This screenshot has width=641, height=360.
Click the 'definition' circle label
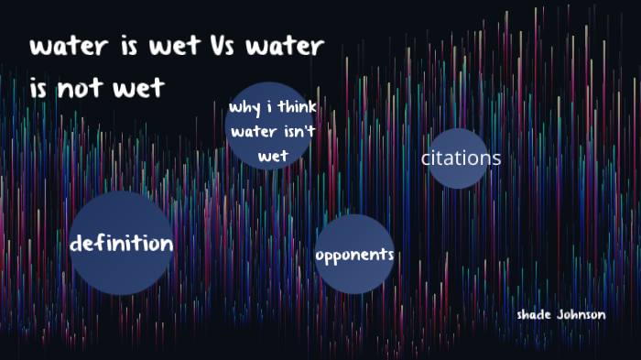point(122,244)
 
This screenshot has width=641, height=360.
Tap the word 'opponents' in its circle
point(354,255)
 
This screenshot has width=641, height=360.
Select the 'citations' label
point(461,158)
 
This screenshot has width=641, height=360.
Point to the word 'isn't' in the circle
point(296,132)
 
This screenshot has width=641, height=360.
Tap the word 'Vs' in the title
point(242,47)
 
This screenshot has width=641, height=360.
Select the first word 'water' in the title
point(63,47)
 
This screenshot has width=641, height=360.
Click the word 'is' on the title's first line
point(122,47)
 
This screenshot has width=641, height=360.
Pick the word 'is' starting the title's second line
point(38,87)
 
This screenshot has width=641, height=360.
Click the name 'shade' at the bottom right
point(536,315)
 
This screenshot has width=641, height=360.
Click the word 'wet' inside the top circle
point(273,156)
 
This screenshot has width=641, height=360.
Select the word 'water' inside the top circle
point(251,132)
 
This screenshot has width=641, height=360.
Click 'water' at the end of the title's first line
point(295,47)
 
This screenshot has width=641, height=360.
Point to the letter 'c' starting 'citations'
point(426,158)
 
